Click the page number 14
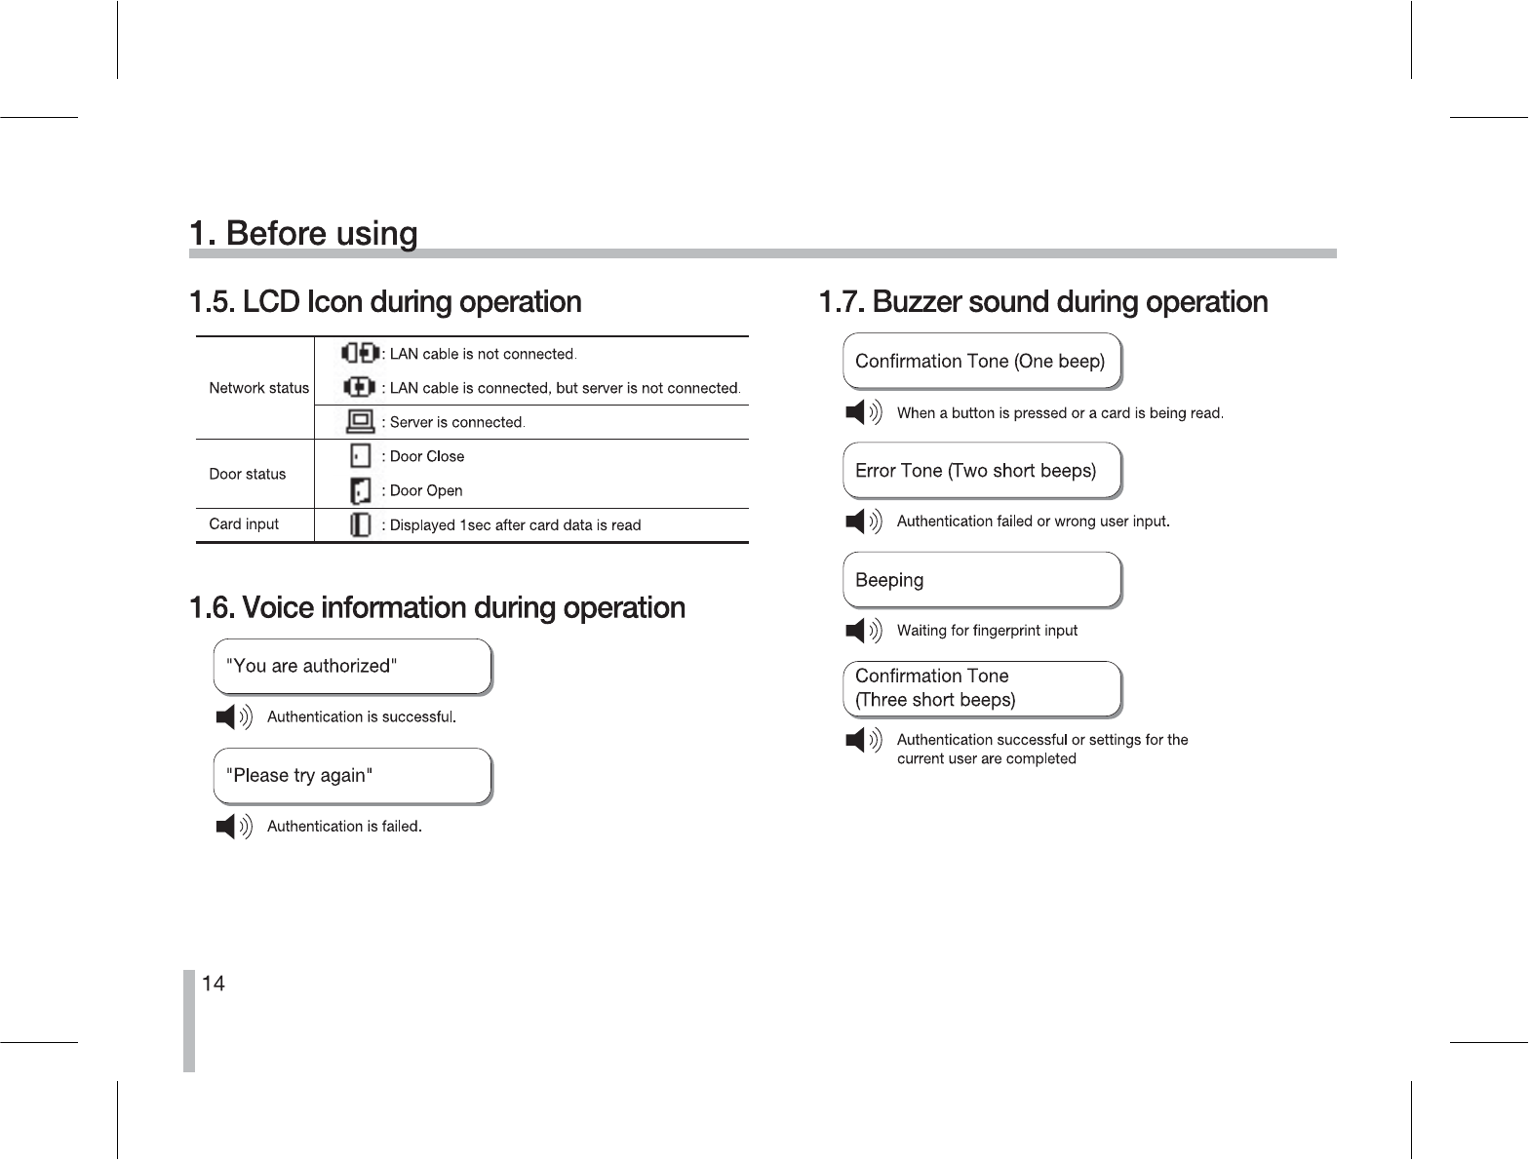[214, 984]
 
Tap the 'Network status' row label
[258, 388]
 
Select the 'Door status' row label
[248, 475]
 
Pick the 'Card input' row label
[244, 524]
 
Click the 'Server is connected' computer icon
[361, 422]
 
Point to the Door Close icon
[361, 456]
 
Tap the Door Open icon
[361, 490]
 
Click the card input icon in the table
[361, 525]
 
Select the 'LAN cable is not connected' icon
[360, 353]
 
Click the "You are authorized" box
[352, 667]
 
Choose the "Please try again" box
[352, 776]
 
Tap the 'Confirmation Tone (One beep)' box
[982, 362]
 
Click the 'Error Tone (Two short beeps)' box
[982, 471]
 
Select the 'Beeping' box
[982, 580]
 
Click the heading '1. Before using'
[303, 234]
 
